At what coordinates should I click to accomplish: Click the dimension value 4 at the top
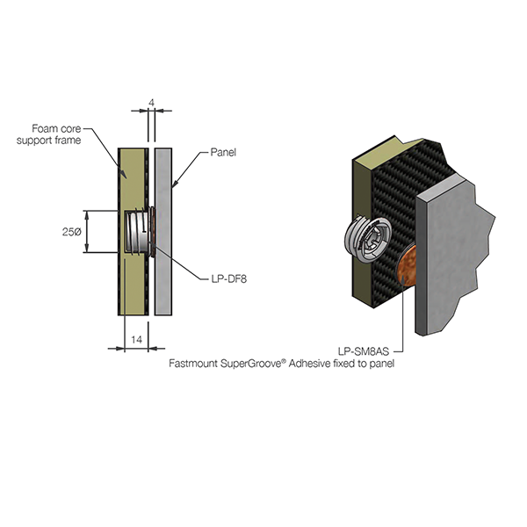[152, 103]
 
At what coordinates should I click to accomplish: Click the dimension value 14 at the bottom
[135, 338]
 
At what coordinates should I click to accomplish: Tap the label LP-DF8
[227, 280]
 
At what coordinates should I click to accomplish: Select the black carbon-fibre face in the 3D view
[386, 202]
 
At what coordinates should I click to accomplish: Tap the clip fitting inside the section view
[136, 232]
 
